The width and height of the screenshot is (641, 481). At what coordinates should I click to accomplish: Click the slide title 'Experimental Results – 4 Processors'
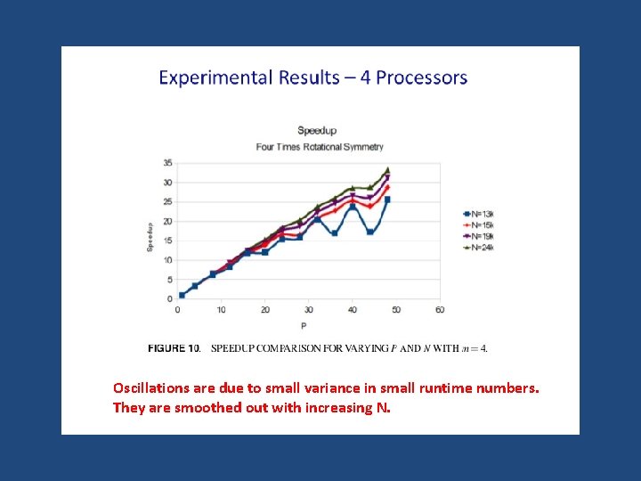point(312,77)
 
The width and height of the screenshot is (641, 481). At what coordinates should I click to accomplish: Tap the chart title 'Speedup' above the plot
point(316,131)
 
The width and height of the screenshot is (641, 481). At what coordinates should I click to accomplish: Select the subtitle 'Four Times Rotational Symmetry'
point(319,147)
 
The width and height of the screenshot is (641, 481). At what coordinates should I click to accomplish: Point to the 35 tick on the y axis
point(168,163)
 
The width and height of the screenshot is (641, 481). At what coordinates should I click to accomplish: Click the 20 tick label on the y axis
point(168,221)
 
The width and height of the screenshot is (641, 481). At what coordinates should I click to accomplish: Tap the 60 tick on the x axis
point(440,310)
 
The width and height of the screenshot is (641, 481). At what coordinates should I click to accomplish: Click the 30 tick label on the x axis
point(308,310)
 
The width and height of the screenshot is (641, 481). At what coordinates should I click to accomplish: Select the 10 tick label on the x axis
point(221,310)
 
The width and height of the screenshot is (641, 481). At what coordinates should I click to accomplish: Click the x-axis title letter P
point(303,325)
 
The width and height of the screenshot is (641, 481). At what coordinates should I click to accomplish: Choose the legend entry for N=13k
point(477,214)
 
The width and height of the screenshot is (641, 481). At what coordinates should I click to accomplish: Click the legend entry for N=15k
point(477,225)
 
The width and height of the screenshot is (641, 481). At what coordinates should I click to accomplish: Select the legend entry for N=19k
point(477,236)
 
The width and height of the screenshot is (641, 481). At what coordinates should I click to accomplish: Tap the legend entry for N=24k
point(477,248)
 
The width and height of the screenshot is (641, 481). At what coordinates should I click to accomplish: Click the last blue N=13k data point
point(387,200)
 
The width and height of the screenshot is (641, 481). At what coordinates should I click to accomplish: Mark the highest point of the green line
point(387,169)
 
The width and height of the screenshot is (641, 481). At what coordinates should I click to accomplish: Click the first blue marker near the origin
point(182,295)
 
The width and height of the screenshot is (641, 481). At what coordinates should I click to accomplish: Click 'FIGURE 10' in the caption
point(174,348)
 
